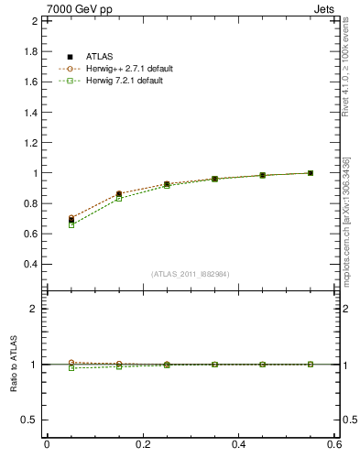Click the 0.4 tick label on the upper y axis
tap(31, 264)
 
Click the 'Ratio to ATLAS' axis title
tap(14, 364)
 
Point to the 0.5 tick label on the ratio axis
tap(31, 420)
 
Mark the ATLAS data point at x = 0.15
tap(119, 194)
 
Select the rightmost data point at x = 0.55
tap(311, 173)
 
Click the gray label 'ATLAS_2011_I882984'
tap(191, 275)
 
